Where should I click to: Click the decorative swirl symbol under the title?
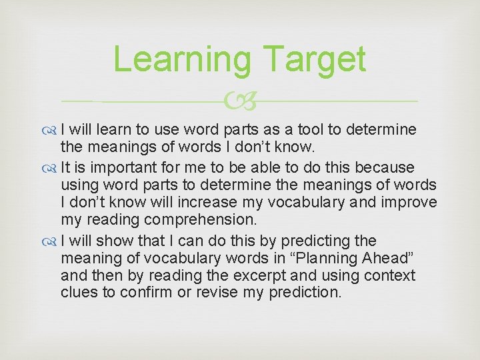click(x=240, y=101)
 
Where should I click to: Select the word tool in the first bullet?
click(x=274, y=129)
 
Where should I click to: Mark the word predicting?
click(x=317, y=241)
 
